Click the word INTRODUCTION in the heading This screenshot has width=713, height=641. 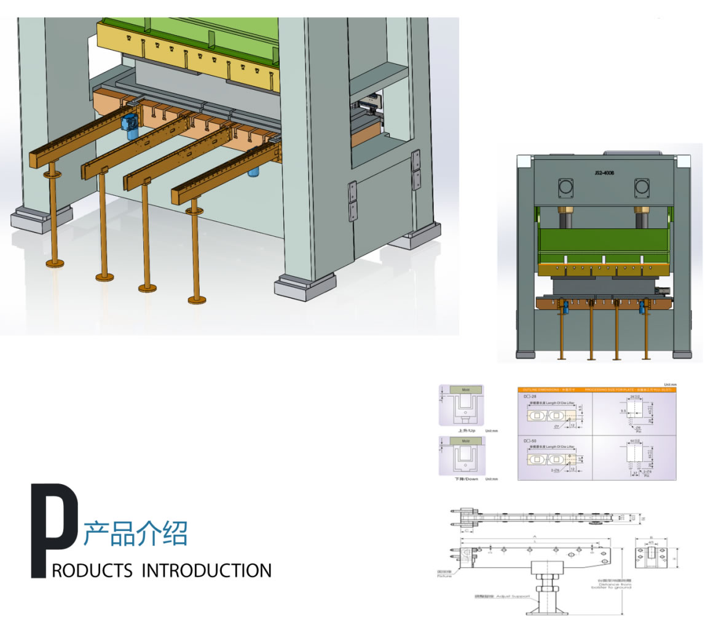pos(207,571)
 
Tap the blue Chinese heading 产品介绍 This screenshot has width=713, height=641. pos(135,533)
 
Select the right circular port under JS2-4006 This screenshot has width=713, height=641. pos(642,188)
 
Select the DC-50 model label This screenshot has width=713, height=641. pos(529,441)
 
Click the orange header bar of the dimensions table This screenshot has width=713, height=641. pos(596,389)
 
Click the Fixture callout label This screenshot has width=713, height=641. pos(444,573)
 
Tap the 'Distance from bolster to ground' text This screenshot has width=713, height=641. pos(611,584)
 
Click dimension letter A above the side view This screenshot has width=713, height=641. pos(534,536)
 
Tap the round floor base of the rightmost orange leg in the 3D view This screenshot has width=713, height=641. pos(197,300)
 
